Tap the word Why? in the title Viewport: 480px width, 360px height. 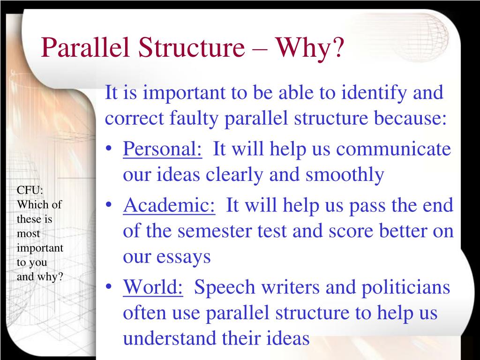(x=309, y=48)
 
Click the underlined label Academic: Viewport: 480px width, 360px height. (x=169, y=206)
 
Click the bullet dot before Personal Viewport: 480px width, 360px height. (x=109, y=150)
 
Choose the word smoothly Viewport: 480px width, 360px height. (x=345, y=175)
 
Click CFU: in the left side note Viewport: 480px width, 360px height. (x=30, y=190)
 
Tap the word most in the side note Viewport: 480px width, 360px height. (x=29, y=233)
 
